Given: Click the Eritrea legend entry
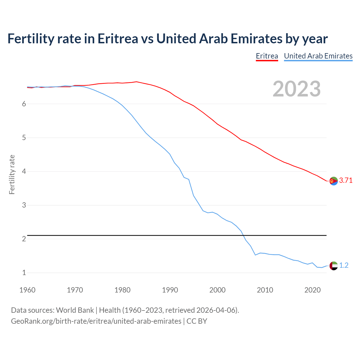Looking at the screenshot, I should pos(267,56).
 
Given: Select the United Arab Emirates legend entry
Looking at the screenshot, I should pos(318,56).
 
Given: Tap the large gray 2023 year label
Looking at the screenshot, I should pos(296,89).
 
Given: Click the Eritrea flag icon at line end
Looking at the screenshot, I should pos(334,181).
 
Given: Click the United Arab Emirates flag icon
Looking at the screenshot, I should pos(334,265).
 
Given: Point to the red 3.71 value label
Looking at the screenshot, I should pos(346,181).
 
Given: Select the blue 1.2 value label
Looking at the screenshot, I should pos(344,265).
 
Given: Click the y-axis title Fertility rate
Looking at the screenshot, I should pos(12,174).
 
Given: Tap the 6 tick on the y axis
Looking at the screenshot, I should pos(24,104).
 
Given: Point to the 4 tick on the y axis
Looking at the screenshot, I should pos(24,171).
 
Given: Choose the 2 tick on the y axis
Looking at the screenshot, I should pos(24,239).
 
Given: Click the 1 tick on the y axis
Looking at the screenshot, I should pos(24,273).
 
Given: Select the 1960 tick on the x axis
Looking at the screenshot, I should pos(27,290).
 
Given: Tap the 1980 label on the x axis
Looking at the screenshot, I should pos(122,290).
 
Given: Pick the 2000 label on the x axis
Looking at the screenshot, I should pos(217,290).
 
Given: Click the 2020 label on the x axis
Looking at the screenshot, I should pos(312,290).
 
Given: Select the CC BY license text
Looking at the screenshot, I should pos(197,321).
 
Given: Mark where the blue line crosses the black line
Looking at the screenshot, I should pos(242,235).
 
